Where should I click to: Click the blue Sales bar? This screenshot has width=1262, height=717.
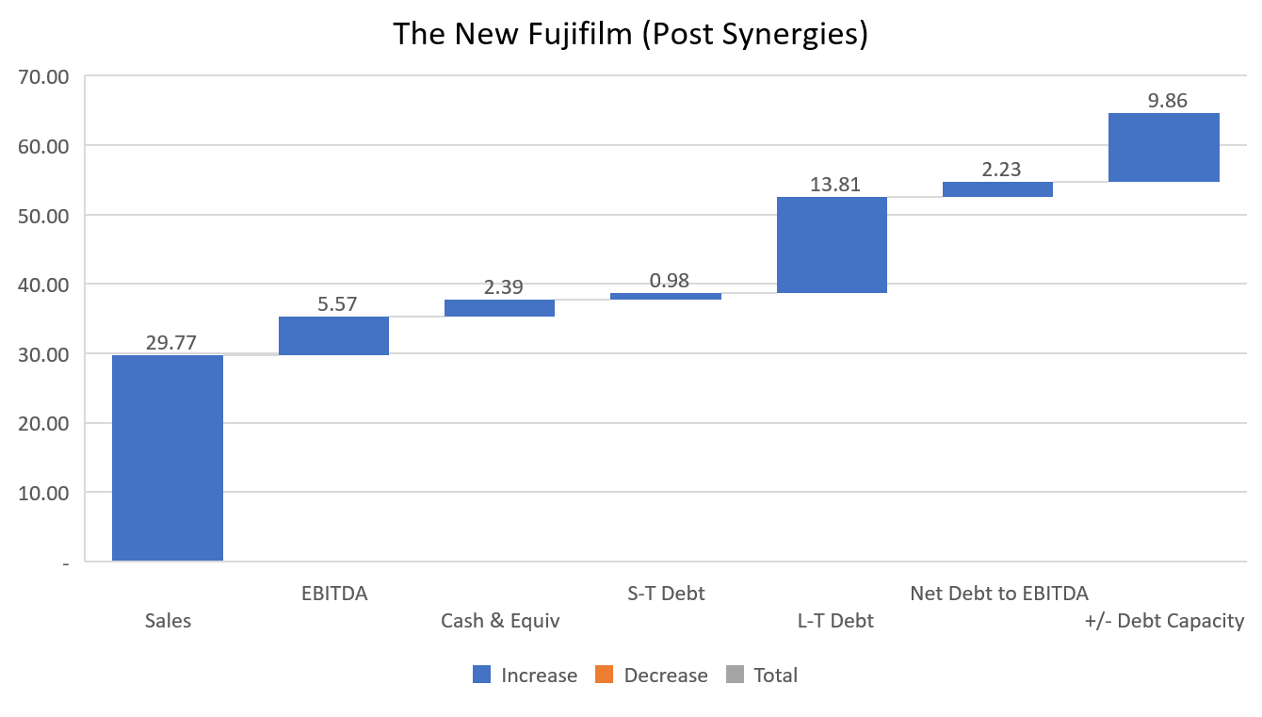(x=168, y=458)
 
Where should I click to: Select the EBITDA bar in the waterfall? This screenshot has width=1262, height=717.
(x=333, y=335)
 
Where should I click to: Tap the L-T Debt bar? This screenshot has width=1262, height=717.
(x=832, y=245)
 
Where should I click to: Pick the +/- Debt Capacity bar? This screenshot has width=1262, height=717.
(x=1163, y=147)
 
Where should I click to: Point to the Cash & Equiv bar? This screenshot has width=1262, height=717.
(x=499, y=308)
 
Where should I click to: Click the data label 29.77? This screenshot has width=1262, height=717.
(x=170, y=343)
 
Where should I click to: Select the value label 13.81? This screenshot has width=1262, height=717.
(x=835, y=185)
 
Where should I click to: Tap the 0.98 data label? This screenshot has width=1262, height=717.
(x=669, y=281)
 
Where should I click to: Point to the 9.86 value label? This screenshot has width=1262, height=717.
(x=1168, y=101)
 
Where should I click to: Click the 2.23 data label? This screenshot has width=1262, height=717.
(x=1001, y=170)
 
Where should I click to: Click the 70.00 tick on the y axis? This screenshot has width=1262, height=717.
(x=44, y=76)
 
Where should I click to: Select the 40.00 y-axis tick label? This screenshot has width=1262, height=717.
(x=44, y=285)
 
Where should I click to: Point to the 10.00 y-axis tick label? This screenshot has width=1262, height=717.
(x=44, y=493)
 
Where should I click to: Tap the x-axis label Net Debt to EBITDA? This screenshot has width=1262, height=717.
(x=998, y=594)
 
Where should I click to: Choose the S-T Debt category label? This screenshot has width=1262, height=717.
(x=666, y=594)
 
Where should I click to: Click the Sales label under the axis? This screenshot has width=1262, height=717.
(x=168, y=621)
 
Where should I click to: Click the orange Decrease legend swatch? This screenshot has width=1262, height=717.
(x=604, y=675)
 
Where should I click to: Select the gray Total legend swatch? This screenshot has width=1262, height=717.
(x=736, y=675)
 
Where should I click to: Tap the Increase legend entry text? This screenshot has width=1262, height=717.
(x=539, y=676)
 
